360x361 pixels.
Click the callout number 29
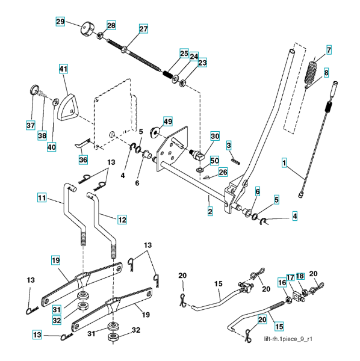(60, 22)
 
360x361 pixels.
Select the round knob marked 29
(87, 29)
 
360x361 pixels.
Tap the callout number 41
(64, 69)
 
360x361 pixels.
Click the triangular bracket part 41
(68, 107)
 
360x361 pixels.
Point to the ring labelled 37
(34, 90)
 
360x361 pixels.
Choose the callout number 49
(168, 122)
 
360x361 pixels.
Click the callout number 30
(215, 136)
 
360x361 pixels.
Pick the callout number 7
(329, 50)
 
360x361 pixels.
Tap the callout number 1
(284, 163)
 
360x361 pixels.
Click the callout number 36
(83, 159)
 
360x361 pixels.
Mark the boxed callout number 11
(42, 198)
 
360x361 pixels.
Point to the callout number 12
(122, 220)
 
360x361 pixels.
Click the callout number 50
(214, 161)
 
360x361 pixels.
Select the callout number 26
(223, 172)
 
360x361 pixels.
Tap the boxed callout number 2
(210, 212)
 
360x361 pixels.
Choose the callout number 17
(290, 277)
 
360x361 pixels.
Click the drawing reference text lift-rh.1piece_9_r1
(288, 339)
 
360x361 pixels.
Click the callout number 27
(143, 29)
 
